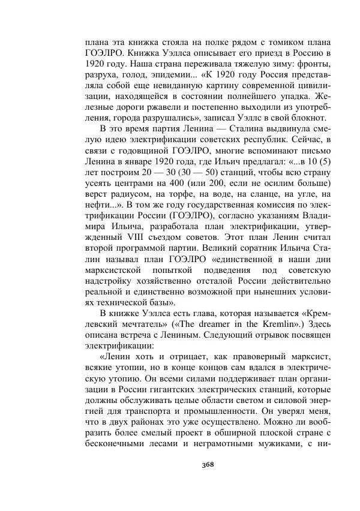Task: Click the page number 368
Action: click(208, 464)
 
